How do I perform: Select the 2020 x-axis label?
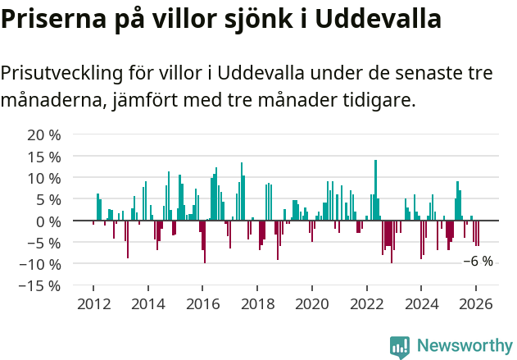click(311, 303)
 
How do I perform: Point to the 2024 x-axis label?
click(421, 303)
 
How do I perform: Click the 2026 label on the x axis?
click(476, 303)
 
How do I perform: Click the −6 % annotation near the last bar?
click(478, 262)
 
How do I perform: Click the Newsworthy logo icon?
click(400, 346)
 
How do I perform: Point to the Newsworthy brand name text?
click(463, 346)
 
